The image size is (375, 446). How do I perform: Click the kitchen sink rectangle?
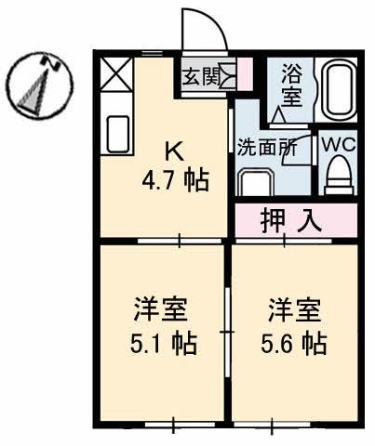pyautogui.click(x=117, y=134)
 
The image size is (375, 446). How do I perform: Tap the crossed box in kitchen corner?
pyautogui.click(x=117, y=74)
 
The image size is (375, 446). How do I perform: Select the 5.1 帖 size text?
pyautogui.click(x=163, y=344)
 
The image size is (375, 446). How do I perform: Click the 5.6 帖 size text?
pyautogui.click(x=294, y=344)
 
